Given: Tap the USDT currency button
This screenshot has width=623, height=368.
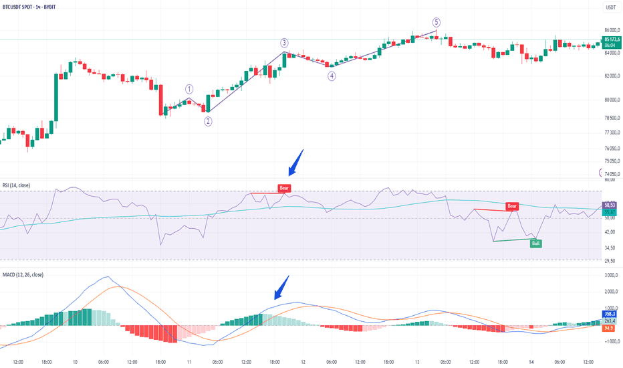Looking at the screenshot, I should tap(610, 7).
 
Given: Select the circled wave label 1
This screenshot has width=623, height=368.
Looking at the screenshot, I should tap(190, 88).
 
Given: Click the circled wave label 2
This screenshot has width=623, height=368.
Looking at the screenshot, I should tap(209, 121).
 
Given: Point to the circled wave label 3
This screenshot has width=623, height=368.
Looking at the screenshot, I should tap(284, 43).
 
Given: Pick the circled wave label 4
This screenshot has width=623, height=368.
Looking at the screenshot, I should tap(332, 76).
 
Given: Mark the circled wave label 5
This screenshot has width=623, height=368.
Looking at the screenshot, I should tap(437, 22).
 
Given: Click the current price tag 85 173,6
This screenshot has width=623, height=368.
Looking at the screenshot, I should tap(611, 40).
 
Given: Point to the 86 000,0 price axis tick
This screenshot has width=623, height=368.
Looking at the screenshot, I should tap(612, 30).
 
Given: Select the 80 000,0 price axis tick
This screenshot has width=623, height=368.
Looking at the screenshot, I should tap(612, 100).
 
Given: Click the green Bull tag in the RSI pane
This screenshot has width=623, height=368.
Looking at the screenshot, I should tap(535, 244).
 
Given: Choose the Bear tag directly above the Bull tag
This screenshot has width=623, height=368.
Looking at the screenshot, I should tap(512, 206).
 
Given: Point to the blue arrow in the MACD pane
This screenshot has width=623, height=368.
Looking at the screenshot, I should tap(283, 287).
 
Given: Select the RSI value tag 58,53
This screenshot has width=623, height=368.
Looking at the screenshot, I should tap(610, 205).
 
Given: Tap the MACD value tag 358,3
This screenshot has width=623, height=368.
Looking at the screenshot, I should tap(610, 313).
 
